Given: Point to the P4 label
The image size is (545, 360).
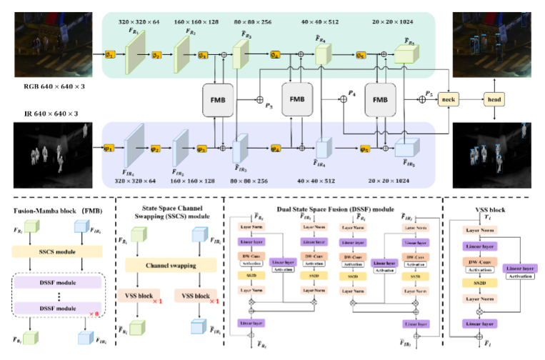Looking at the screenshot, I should [351, 93].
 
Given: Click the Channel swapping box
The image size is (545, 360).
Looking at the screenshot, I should [171, 265].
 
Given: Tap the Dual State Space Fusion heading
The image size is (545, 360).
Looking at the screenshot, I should [334, 208].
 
